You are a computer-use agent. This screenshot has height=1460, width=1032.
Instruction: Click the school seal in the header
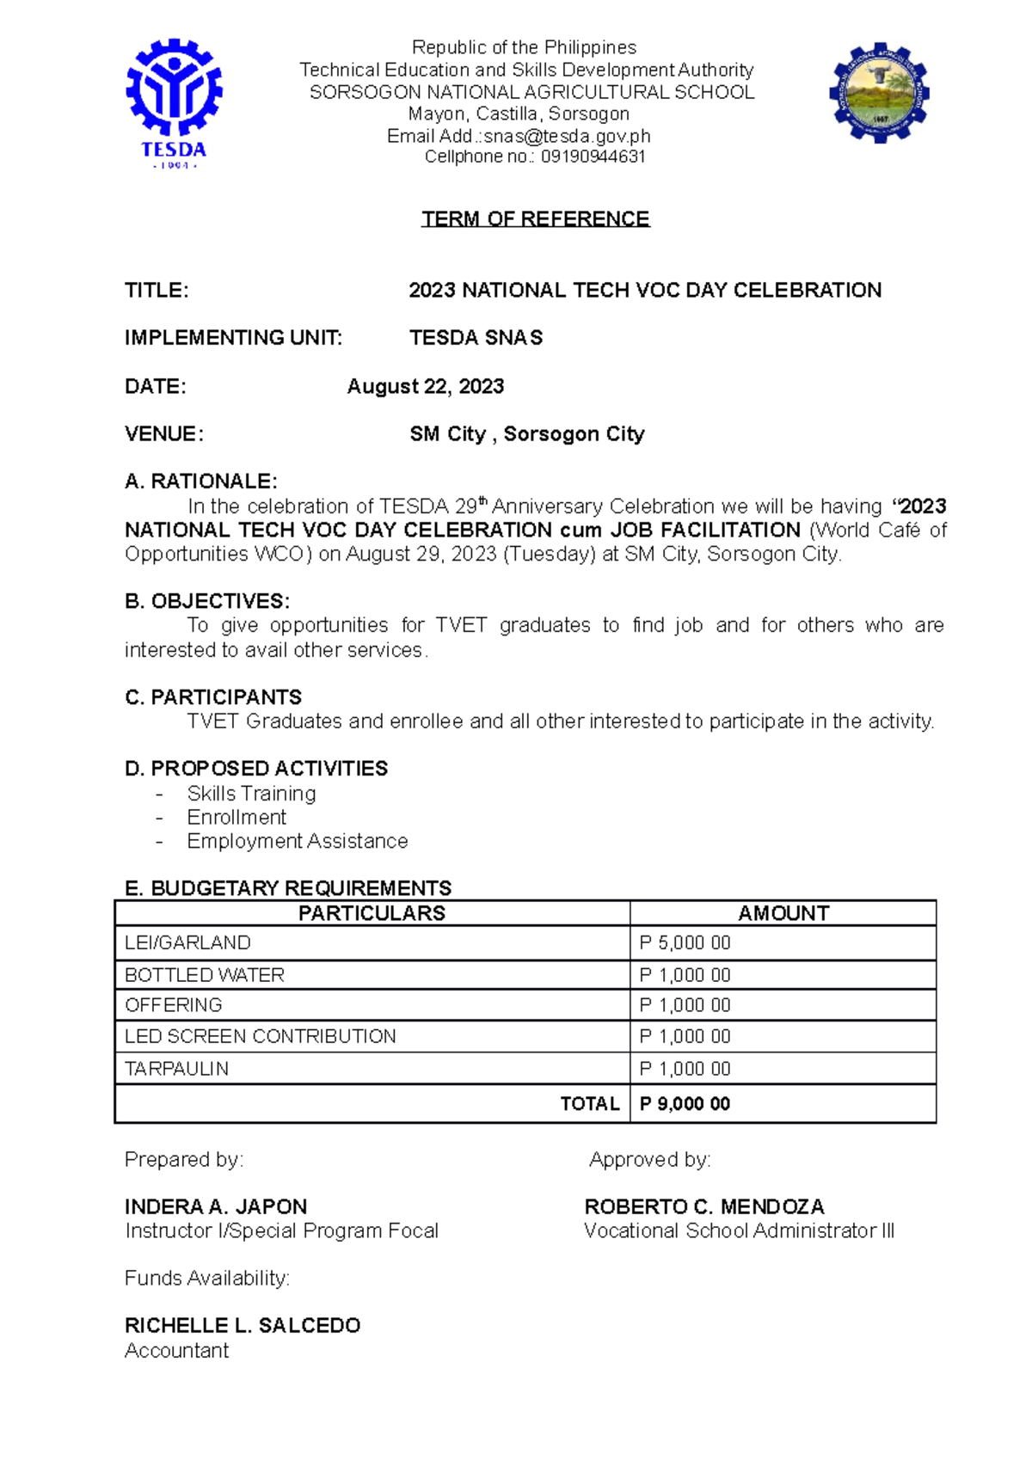879,93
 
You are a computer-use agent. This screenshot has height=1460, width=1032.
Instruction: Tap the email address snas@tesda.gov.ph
567,136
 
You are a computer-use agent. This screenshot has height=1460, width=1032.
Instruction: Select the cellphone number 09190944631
593,156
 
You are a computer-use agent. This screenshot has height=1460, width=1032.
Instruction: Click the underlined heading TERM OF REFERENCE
535,218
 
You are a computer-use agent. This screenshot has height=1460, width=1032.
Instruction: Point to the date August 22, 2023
425,386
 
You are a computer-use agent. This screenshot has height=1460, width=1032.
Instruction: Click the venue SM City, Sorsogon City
526,434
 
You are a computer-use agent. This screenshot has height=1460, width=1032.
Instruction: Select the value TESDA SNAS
476,338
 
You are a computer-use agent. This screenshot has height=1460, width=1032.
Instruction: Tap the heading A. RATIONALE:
200,481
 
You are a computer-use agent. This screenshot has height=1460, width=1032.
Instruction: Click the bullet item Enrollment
236,817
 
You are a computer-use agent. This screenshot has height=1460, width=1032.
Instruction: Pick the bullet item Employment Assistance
298,841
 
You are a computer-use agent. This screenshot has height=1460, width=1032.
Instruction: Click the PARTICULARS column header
372,913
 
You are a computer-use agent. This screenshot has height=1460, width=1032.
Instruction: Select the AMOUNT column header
783,913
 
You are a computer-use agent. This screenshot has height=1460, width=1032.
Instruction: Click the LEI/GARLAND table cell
187,943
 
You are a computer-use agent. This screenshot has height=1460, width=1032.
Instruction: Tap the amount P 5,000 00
685,943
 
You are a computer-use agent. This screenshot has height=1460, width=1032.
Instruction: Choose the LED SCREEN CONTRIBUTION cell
260,1036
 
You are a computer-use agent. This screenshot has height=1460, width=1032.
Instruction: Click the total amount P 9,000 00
685,1104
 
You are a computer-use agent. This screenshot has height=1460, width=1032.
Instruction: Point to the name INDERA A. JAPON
216,1206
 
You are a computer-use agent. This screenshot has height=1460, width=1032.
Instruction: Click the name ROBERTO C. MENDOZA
703,1206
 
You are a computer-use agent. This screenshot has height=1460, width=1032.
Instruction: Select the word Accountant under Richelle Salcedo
176,1351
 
